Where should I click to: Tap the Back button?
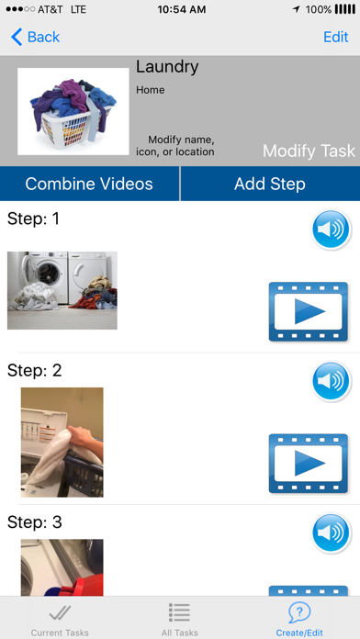tap(36, 37)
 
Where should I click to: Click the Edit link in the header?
tap(336, 37)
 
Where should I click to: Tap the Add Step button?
tap(270, 184)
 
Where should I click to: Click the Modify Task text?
tap(309, 151)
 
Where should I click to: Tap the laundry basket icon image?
tap(73, 111)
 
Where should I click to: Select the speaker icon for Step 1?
tap(332, 229)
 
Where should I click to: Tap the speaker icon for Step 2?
tap(332, 381)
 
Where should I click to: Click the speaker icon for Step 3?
tap(332, 533)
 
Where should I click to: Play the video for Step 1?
tap(309, 312)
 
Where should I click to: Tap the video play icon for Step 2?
tap(309, 464)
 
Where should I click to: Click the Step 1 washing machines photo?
tap(62, 290)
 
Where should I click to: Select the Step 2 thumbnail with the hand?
tap(62, 443)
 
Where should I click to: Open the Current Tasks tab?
tap(60, 621)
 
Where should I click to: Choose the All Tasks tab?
tap(179, 621)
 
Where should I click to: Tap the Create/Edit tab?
tap(299, 621)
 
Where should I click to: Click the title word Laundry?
tap(167, 67)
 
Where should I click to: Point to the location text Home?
tap(151, 90)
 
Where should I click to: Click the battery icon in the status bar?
tap(345, 9)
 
